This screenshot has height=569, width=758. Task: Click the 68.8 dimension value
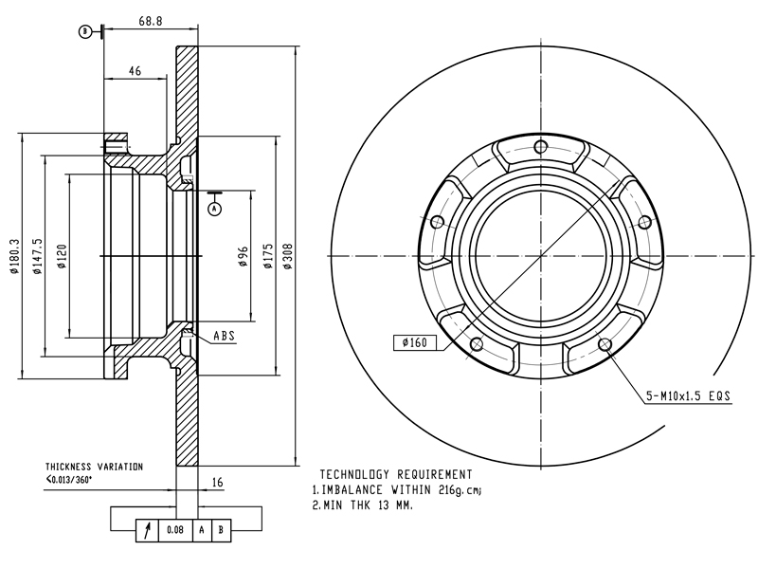point(151,21)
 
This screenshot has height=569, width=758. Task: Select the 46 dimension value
point(135,71)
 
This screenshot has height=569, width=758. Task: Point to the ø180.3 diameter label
point(14,256)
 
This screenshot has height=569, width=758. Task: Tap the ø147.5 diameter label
point(37,256)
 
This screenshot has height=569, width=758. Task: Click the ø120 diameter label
point(62,256)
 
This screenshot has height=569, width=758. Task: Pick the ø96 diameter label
point(244,256)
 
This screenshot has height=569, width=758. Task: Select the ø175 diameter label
point(268,256)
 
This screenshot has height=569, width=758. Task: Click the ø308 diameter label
point(288,256)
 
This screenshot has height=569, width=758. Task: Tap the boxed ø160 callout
point(415,342)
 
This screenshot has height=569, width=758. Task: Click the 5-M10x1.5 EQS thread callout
point(689,396)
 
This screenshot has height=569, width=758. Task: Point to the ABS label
point(225,336)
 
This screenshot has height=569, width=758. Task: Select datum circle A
point(215,209)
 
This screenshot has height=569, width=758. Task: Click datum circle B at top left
point(85,32)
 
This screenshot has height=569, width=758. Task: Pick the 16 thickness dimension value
point(218,482)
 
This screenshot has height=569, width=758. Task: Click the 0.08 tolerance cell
point(175,530)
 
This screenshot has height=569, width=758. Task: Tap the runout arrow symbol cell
point(148,530)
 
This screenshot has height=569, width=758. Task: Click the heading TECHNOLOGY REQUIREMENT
point(396,474)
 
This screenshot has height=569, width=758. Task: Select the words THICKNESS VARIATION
point(94,467)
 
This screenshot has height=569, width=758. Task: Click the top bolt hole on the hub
point(540,146)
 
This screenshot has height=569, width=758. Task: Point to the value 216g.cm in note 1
point(460,490)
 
